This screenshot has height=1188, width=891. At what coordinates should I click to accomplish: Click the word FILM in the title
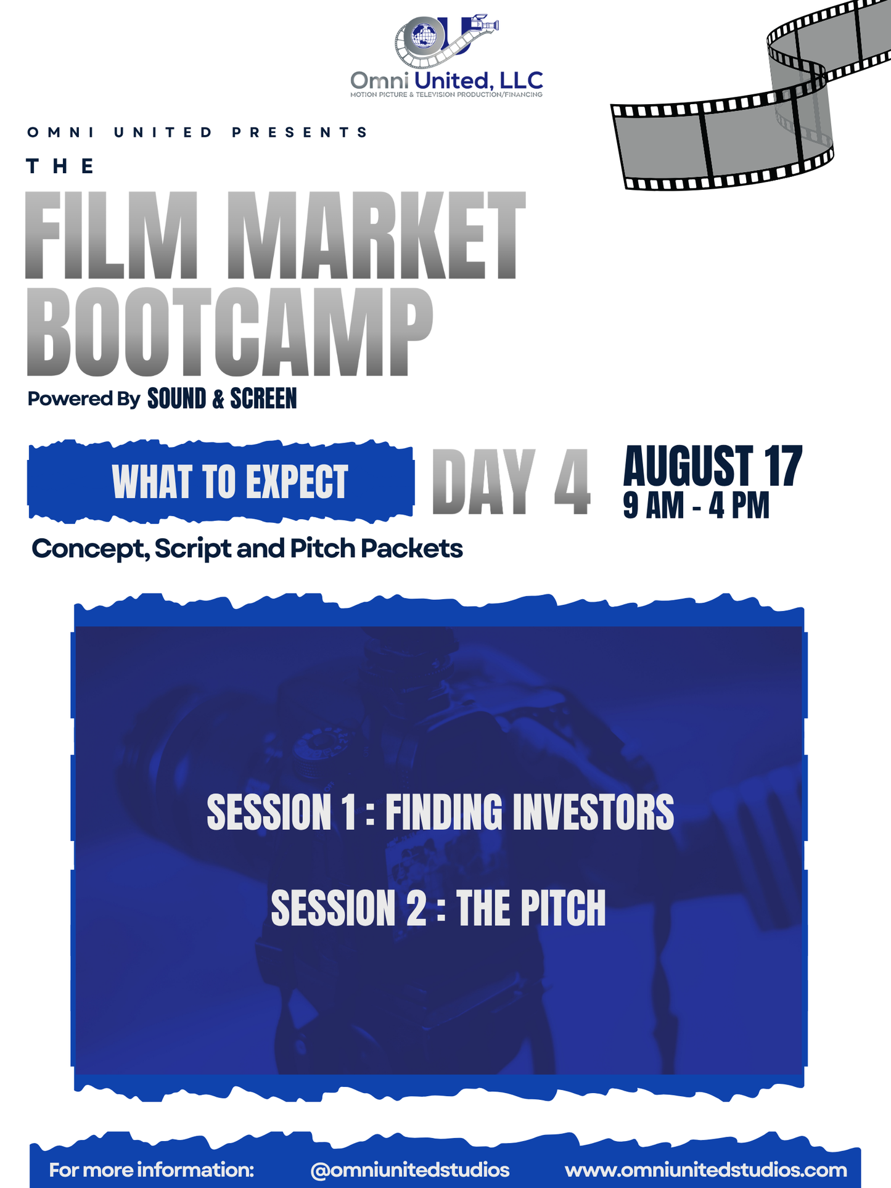click(x=112, y=236)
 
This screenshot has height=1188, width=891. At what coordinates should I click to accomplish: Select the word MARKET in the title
click(x=376, y=236)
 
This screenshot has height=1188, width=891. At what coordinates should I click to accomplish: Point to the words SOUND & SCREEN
click(x=222, y=399)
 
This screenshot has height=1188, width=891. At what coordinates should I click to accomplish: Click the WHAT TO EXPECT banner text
click(x=230, y=481)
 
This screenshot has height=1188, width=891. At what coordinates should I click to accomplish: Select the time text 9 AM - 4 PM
click(x=696, y=506)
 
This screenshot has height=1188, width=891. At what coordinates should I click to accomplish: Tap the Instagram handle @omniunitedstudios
click(x=409, y=1170)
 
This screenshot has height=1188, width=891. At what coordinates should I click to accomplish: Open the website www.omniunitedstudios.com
click(x=705, y=1170)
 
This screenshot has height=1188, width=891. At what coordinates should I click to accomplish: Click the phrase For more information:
click(x=152, y=1170)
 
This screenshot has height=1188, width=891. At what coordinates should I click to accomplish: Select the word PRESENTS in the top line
click(x=300, y=133)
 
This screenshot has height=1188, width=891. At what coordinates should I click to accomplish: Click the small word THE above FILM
click(x=60, y=166)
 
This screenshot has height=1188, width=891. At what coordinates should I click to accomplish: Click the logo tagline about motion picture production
click(x=446, y=95)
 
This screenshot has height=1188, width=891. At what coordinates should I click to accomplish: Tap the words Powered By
click(x=84, y=399)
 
